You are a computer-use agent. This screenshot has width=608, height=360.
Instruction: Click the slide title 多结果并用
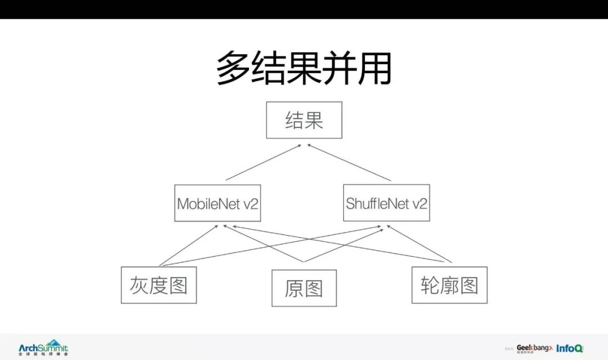(x=304, y=68)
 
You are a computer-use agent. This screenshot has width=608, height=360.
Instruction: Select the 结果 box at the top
(x=304, y=120)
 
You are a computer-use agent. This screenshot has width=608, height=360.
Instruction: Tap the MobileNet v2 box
(x=217, y=203)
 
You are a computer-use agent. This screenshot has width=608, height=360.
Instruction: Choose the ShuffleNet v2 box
(x=386, y=203)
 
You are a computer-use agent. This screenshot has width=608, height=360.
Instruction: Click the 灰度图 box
(x=159, y=285)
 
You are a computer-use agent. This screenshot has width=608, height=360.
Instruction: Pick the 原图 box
(x=304, y=288)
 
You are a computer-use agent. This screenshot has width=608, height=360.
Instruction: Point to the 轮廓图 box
(x=449, y=285)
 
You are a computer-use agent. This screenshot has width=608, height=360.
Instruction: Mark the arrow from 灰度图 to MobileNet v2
(x=189, y=246)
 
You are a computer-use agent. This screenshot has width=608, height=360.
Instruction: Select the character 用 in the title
(x=374, y=68)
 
